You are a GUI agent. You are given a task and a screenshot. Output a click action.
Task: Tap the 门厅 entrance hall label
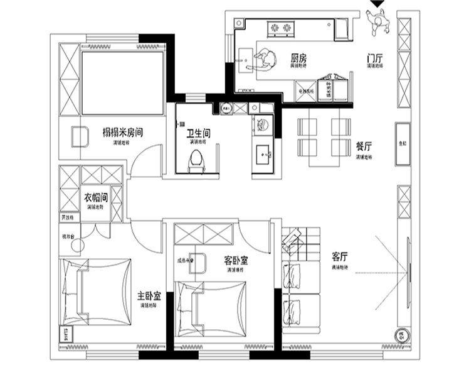tap(376, 58)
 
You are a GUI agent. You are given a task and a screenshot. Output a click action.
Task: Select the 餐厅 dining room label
tap(364, 146)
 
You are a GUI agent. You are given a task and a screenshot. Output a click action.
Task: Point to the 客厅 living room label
tap(340, 256)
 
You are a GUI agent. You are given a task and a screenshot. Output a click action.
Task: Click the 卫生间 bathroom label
tap(199, 134)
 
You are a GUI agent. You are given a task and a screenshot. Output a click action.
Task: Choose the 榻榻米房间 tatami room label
tap(124, 133)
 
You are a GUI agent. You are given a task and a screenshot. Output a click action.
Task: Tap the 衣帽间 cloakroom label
tap(96, 197)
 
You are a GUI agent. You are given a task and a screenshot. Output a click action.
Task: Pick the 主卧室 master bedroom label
tap(149, 295)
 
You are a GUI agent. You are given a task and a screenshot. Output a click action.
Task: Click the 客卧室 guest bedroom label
tap(235, 260)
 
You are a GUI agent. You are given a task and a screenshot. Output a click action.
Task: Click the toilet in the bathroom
tap(197, 161)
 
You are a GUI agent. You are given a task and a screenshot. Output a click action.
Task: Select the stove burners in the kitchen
tap(280, 27)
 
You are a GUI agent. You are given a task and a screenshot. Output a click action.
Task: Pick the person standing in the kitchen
tap(264, 58)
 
